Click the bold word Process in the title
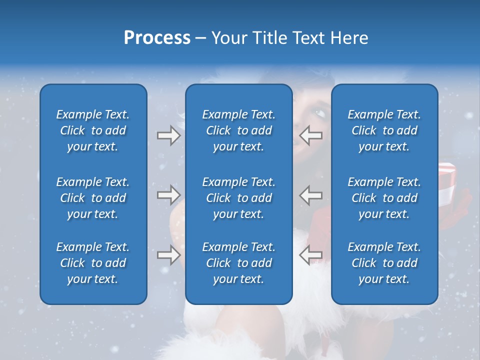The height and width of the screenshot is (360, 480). (157, 38)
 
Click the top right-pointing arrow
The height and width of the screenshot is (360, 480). (168, 135)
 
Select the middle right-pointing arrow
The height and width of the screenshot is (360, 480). (168, 195)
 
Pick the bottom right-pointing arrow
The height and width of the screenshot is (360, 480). (168, 255)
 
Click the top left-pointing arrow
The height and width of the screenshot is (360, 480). (310, 135)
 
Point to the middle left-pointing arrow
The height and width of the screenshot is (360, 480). (310, 195)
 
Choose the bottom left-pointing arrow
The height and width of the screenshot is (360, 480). (310, 255)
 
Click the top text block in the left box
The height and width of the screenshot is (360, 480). (93, 130)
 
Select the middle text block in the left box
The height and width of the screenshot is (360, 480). (93, 198)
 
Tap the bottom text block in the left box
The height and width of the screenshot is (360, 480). (93, 263)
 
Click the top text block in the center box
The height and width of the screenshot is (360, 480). (239, 130)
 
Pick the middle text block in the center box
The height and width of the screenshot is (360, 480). (239, 198)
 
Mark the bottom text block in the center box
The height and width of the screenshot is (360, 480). (239, 263)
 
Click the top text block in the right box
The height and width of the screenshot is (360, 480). (384, 130)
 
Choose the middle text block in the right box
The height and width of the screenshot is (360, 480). (384, 198)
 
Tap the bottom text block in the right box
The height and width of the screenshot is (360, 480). (384, 263)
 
